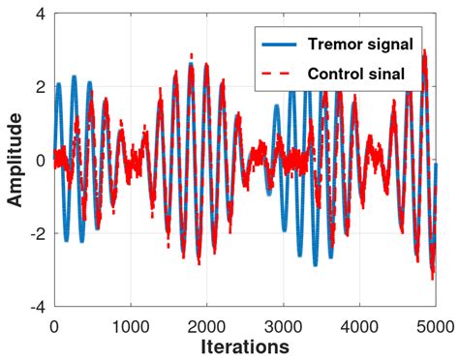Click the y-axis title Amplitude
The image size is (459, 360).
(15, 161)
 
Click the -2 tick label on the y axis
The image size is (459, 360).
(34, 234)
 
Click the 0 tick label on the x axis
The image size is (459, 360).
(53, 324)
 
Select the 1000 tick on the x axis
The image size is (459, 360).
(130, 324)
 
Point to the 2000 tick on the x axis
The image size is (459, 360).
(206, 324)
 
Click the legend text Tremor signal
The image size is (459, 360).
(361, 44)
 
